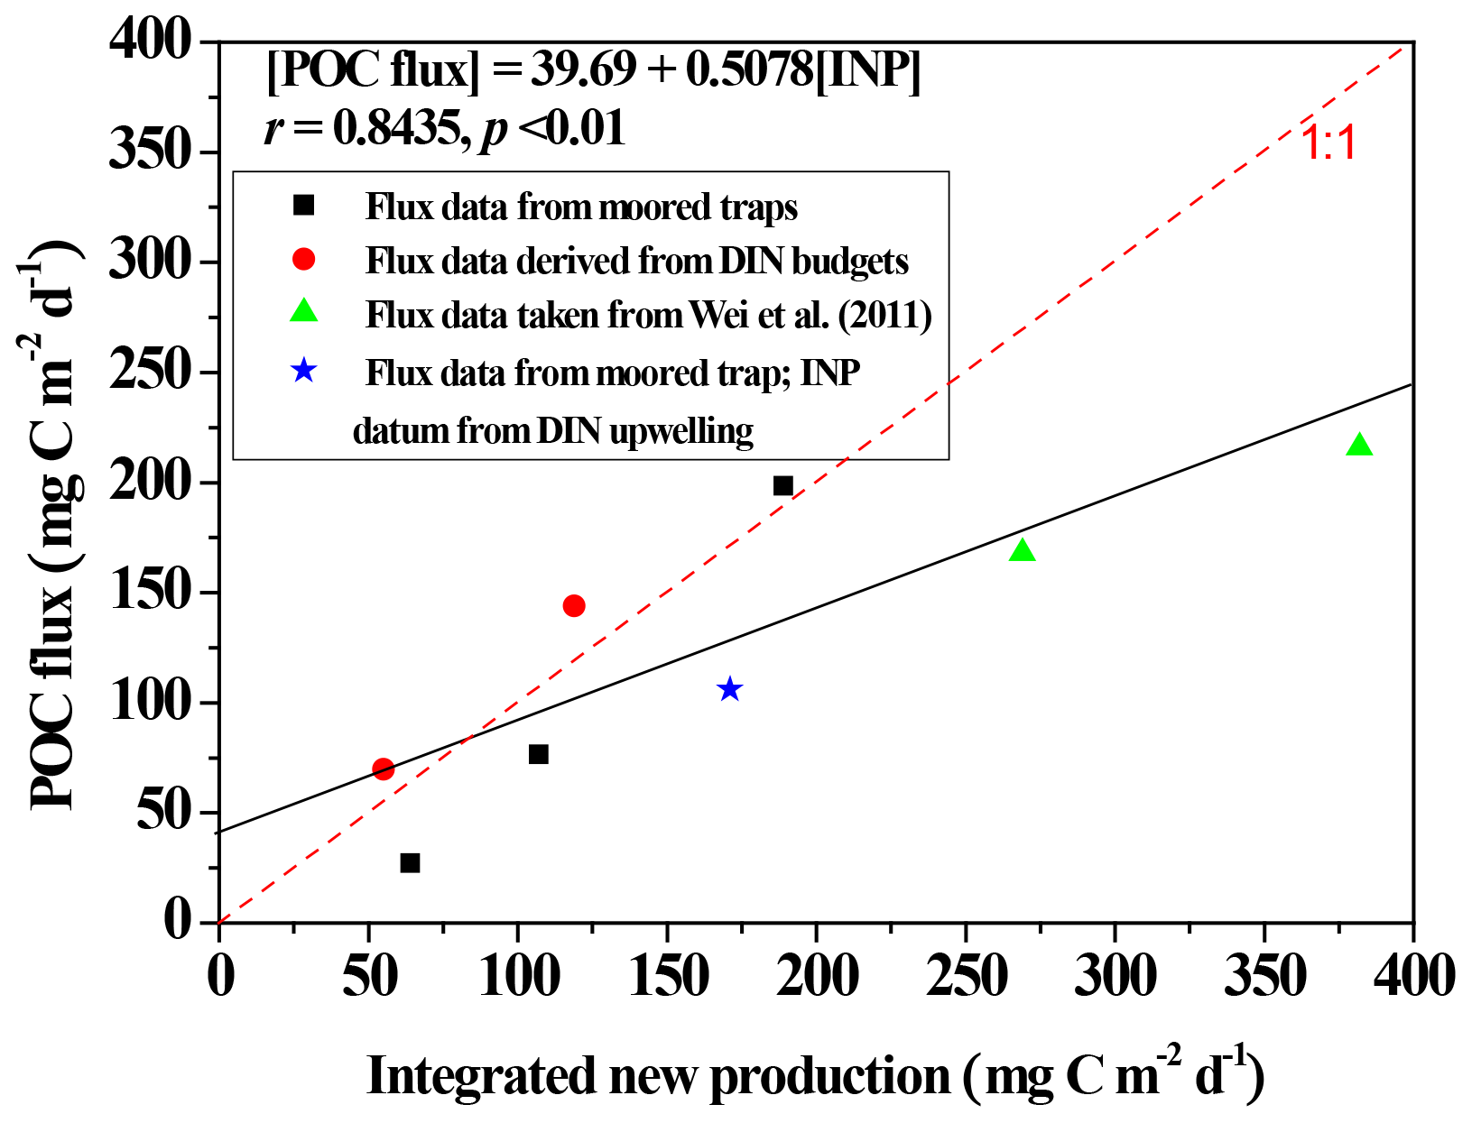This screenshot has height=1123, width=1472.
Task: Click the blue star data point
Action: click(x=729, y=690)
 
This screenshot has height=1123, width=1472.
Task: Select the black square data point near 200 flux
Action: click(x=782, y=486)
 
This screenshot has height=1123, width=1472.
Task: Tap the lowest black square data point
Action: click(x=410, y=863)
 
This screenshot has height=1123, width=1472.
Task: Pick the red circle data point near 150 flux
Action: click(x=574, y=605)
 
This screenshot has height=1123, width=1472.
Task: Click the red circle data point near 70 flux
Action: click(x=383, y=769)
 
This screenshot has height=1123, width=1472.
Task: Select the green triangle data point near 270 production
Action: click(x=1022, y=550)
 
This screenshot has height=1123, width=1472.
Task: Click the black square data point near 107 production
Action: click(x=539, y=754)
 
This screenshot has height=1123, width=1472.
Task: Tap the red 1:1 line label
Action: click(x=1329, y=143)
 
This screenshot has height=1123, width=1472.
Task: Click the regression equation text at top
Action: click(x=594, y=70)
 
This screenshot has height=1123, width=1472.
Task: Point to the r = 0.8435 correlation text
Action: click(x=444, y=128)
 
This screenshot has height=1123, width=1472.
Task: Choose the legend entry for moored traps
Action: click(x=581, y=207)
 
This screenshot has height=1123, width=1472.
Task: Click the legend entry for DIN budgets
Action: click(x=636, y=261)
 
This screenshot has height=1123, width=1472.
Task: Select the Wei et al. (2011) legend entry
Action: click(x=648, y=315)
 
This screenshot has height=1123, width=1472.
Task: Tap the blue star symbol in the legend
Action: click(x=304, y=371)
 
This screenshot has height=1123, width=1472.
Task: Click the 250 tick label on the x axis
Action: click(x=965, y=976)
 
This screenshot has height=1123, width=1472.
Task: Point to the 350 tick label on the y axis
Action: click(x=152, y=151)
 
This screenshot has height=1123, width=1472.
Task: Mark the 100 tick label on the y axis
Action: click(x=152, y=702)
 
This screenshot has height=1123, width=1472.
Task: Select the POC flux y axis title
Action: click(x=54, y=523)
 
